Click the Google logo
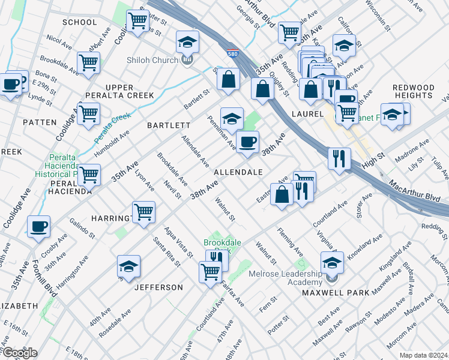click(x=19, y=353)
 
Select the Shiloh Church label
click(x=152, y=60)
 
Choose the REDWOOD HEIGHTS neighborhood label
click(x=413, y=92)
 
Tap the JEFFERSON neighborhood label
click(x=158, y=287)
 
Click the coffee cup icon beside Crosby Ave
click(x=39, y=227)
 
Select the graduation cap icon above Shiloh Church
click(x=187, y=42)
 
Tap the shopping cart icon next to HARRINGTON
click(x=143, y=212)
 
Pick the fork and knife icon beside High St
click(x=339, y=158)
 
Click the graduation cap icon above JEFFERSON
click(x=128, y=266)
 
